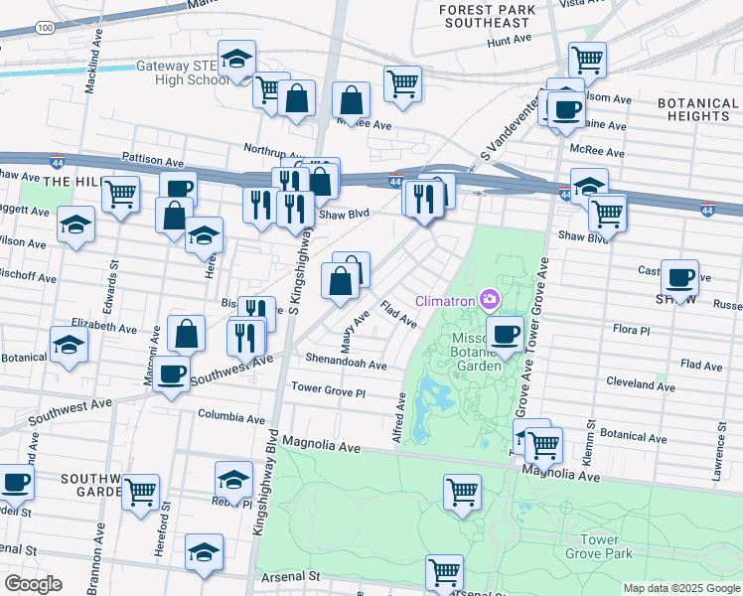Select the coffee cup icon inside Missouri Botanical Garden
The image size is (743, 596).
[505, 333]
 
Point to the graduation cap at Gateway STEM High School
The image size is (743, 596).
[236, 59]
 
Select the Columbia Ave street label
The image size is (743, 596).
[233, 415]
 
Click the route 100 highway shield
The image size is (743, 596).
[45, 29]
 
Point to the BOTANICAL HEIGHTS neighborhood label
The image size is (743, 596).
[698, 109]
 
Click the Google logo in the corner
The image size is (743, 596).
[33, 584]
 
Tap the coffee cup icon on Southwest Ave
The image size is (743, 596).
[171, 373]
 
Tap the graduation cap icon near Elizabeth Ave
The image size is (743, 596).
[69, 344]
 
